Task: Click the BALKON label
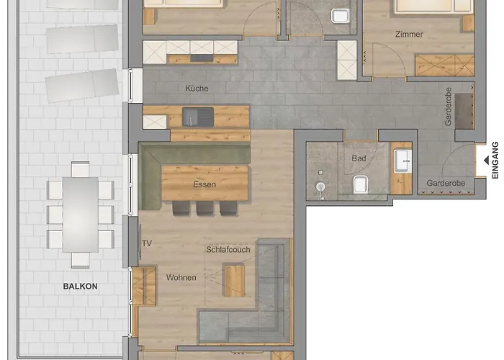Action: (x=81, y=286)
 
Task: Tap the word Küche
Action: (x=197, y=89)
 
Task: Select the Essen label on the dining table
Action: (x=204, y=184)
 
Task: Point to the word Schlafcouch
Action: (x=228, y=249)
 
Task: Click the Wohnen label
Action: (x=181, y=277)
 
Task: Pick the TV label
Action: (x=147, y=243)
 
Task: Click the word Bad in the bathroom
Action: (x=359, y=158)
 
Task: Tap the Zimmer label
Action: (x=409, y=34)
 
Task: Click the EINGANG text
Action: (x=495, y=160)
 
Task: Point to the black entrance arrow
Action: (x=487, y=160)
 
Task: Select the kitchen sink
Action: (x=198, y=117)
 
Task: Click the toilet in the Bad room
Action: (x=361, y=184)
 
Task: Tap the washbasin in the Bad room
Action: (x=402, y=161)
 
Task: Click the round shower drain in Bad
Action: (x=320, y=186)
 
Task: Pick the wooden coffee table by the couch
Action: (x=234, y=280)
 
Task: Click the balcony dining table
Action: (x=81, y=215)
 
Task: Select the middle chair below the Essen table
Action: (x=204, y=208)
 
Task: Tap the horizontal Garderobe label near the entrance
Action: (x=446, y=183)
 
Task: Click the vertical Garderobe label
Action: (x=448, y=107)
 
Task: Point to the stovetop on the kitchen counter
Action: (x=202, y=58)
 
